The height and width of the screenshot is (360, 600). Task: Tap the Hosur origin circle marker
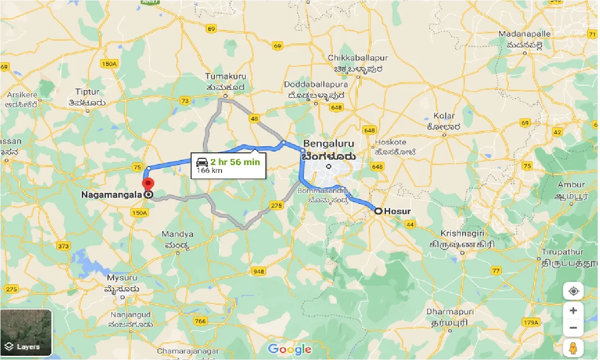tap(378, 211)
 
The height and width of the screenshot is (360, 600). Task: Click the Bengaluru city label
tap(329, 144)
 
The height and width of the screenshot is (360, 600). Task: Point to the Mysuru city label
tap(123, 279)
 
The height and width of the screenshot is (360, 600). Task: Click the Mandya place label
tap(177, 234)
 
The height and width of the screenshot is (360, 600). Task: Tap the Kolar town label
tap(443, 115)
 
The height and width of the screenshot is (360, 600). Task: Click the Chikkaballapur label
tap(358, 58)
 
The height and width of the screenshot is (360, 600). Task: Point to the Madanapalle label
tap(525, 34)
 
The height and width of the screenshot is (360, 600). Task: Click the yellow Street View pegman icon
tap(573, 348)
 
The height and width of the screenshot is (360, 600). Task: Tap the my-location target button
tap(573, 291)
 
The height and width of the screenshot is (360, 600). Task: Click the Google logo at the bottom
tap(290, 349)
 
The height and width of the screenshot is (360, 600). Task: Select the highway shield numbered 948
tap(258, 271)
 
